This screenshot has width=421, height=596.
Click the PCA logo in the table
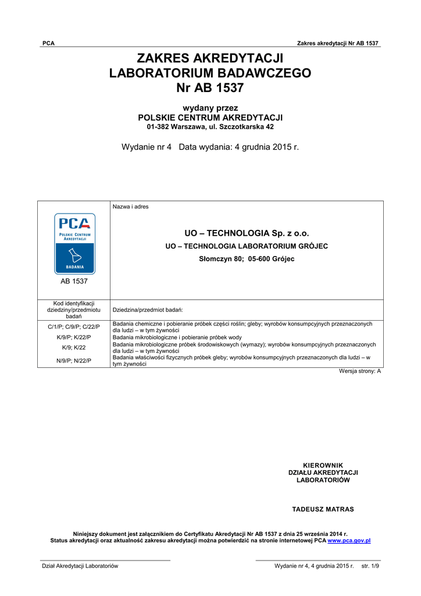74,244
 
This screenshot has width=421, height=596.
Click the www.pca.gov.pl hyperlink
349,541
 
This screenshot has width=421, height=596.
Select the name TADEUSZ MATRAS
323,509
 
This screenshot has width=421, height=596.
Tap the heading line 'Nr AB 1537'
210,88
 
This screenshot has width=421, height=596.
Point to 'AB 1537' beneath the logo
74,282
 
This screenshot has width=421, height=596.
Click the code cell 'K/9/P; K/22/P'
74,338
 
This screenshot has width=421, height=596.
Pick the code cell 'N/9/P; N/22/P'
74,361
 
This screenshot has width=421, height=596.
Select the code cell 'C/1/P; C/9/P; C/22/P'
74,327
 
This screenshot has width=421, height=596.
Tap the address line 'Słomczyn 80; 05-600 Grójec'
247,259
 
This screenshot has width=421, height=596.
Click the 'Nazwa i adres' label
130,207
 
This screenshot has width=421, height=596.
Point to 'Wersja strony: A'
360,371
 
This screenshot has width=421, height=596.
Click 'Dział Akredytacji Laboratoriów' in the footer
79,566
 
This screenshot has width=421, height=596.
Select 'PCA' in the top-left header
48,44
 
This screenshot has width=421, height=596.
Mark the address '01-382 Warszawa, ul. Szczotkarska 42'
210,127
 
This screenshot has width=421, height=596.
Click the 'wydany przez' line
210,108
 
